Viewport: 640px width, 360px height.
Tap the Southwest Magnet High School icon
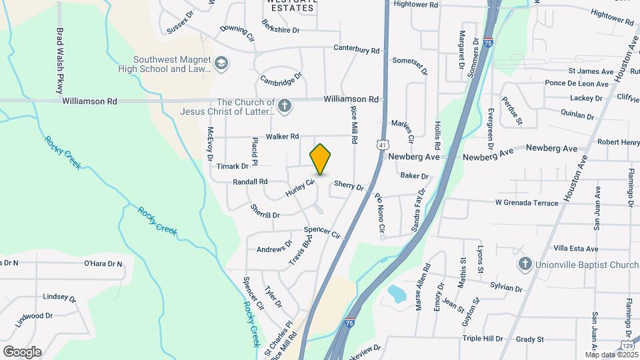click(221, 64)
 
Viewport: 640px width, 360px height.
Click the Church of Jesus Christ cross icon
click(285, 106)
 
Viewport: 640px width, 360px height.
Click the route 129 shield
click(627, 344)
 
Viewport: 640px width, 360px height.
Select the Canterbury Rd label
click(357, 50)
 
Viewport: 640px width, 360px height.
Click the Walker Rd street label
click(282, 137)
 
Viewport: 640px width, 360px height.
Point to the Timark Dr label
click(232, 166)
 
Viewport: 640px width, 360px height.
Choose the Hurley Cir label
click(299, 188)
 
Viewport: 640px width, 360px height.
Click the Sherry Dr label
click(349, 185)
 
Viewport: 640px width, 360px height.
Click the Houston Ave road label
click(574, 181)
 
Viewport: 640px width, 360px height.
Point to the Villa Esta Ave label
click(575, 249)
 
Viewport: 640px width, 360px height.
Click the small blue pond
click(396, 293)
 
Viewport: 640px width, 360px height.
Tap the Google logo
click(22, 351)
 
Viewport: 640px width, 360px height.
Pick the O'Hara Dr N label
click(103, 263)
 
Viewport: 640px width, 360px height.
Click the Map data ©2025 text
click(611, 354)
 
